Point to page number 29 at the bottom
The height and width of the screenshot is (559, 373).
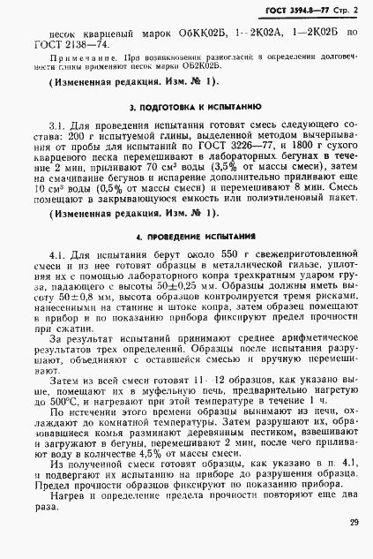[x=353, y=523]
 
